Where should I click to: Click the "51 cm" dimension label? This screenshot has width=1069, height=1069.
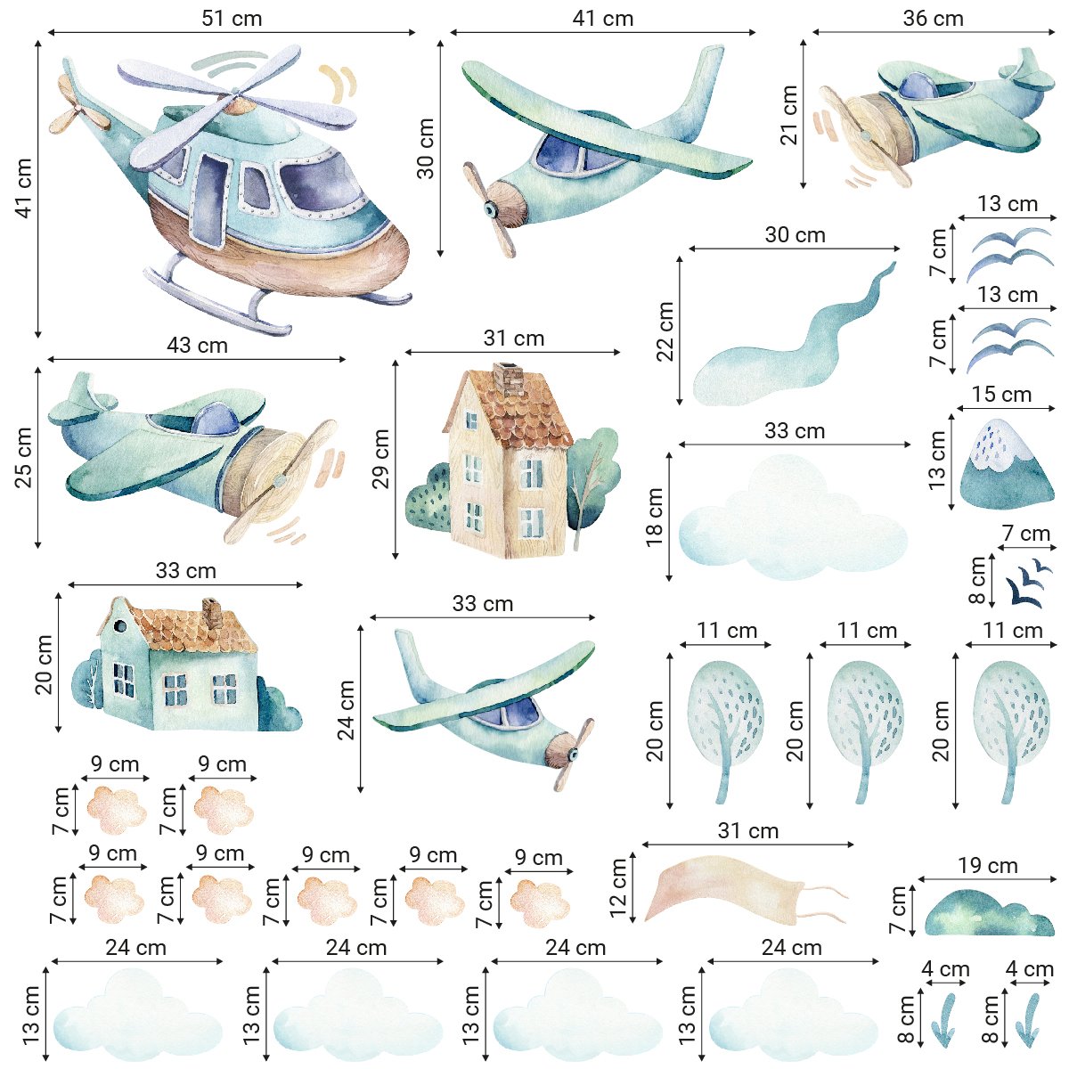[x=232, y=19]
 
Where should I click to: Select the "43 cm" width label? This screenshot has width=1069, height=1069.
[x=197, y=345]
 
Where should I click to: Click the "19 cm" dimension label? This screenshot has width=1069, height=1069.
[x=988, y=865]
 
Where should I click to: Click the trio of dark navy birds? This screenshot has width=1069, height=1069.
[x=1026, y=584]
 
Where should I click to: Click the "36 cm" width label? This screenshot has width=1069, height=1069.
[x=933, y=19]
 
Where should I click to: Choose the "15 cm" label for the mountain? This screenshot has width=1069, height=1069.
[x=1001, y=394]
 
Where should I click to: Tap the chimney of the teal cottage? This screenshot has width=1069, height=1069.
[x=213, y=612]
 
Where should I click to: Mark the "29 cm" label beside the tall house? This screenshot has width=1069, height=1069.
[x=381, y=459]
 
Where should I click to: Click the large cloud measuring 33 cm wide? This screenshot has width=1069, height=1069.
[x=793, y=521]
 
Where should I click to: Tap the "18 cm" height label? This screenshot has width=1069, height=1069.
[x=655, y=517]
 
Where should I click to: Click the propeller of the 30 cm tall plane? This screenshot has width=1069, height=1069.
[x=491, y=208]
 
